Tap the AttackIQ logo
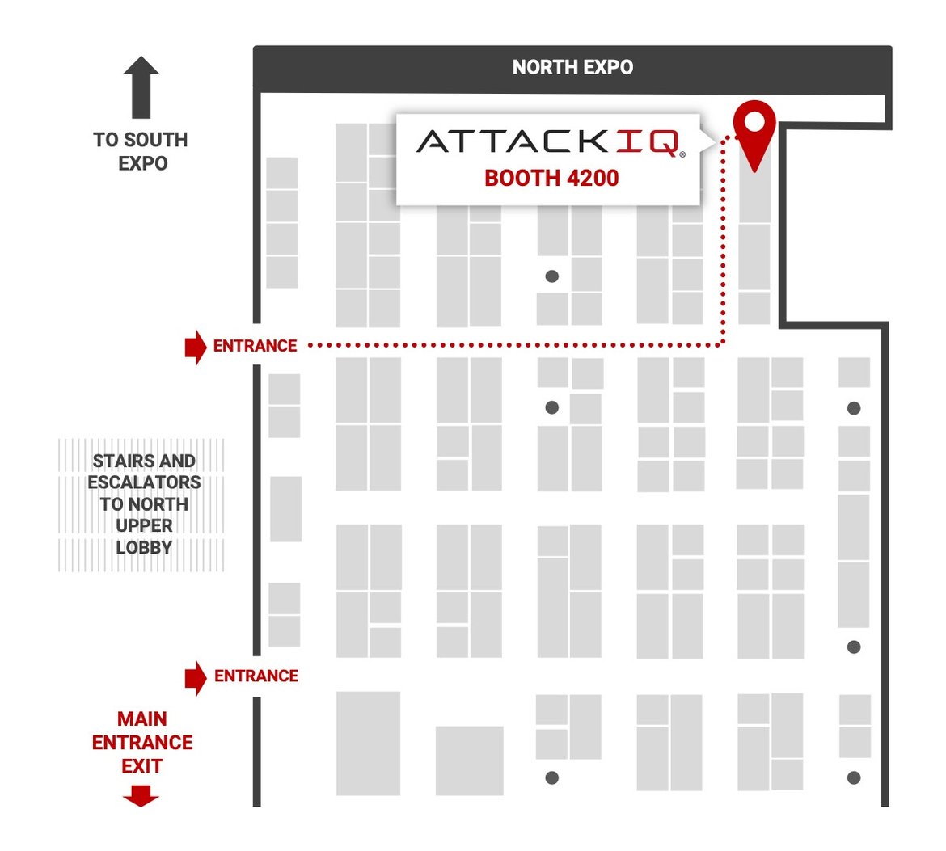[x=549, y=142]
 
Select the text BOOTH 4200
[x=551, y=178]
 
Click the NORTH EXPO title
[x=572, y=68]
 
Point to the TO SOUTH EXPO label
[x=141, y=151]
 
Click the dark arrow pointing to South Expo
[x=141, y=86]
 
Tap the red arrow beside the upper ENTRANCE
[x=195, y=347]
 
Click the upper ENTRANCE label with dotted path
[x=256, y=346]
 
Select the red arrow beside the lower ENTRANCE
[x=195, y=677]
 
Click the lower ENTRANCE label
[x=256, y=676]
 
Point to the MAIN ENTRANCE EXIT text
[x=142, y=742]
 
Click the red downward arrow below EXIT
[x=141, y=798]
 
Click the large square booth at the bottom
[x=469, y=760]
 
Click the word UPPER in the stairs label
[x=144, y=525]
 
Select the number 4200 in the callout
[x=593, y=178]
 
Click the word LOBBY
[x=144, y=547]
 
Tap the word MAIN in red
[x=142, y=718]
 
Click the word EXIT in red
[x=142, y=765]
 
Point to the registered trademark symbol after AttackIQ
[x=682, y=153]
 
